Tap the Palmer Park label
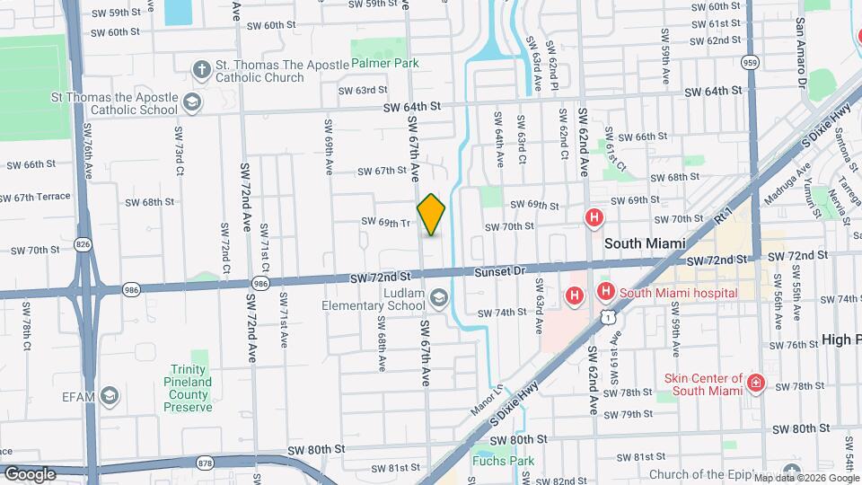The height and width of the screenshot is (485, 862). (385, 64)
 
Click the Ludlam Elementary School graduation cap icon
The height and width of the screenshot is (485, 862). (439, 297)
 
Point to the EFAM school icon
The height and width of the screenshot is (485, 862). (110, 395)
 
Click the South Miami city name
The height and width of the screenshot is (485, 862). (645, 243)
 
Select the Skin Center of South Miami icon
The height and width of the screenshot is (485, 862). (756, 384)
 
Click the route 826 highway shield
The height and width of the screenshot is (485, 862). (83, 243)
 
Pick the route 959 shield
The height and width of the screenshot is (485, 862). (750, 62)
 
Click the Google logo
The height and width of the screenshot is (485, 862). (29, 473)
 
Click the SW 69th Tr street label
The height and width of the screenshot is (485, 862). (386, 222)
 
